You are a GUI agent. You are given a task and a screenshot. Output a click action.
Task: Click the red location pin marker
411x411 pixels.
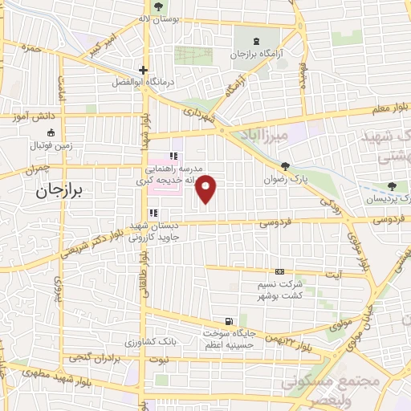207,189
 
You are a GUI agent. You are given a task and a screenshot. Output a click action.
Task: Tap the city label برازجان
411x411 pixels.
64,191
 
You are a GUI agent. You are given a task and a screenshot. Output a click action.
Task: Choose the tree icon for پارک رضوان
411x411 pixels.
284,167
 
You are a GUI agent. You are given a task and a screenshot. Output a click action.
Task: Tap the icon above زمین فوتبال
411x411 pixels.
51,132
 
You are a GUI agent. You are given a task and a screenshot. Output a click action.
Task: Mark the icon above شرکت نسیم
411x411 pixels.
279,272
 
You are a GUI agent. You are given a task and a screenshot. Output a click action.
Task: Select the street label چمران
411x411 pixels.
36,169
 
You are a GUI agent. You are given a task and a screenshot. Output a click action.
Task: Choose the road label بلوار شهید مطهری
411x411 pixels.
37,372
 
